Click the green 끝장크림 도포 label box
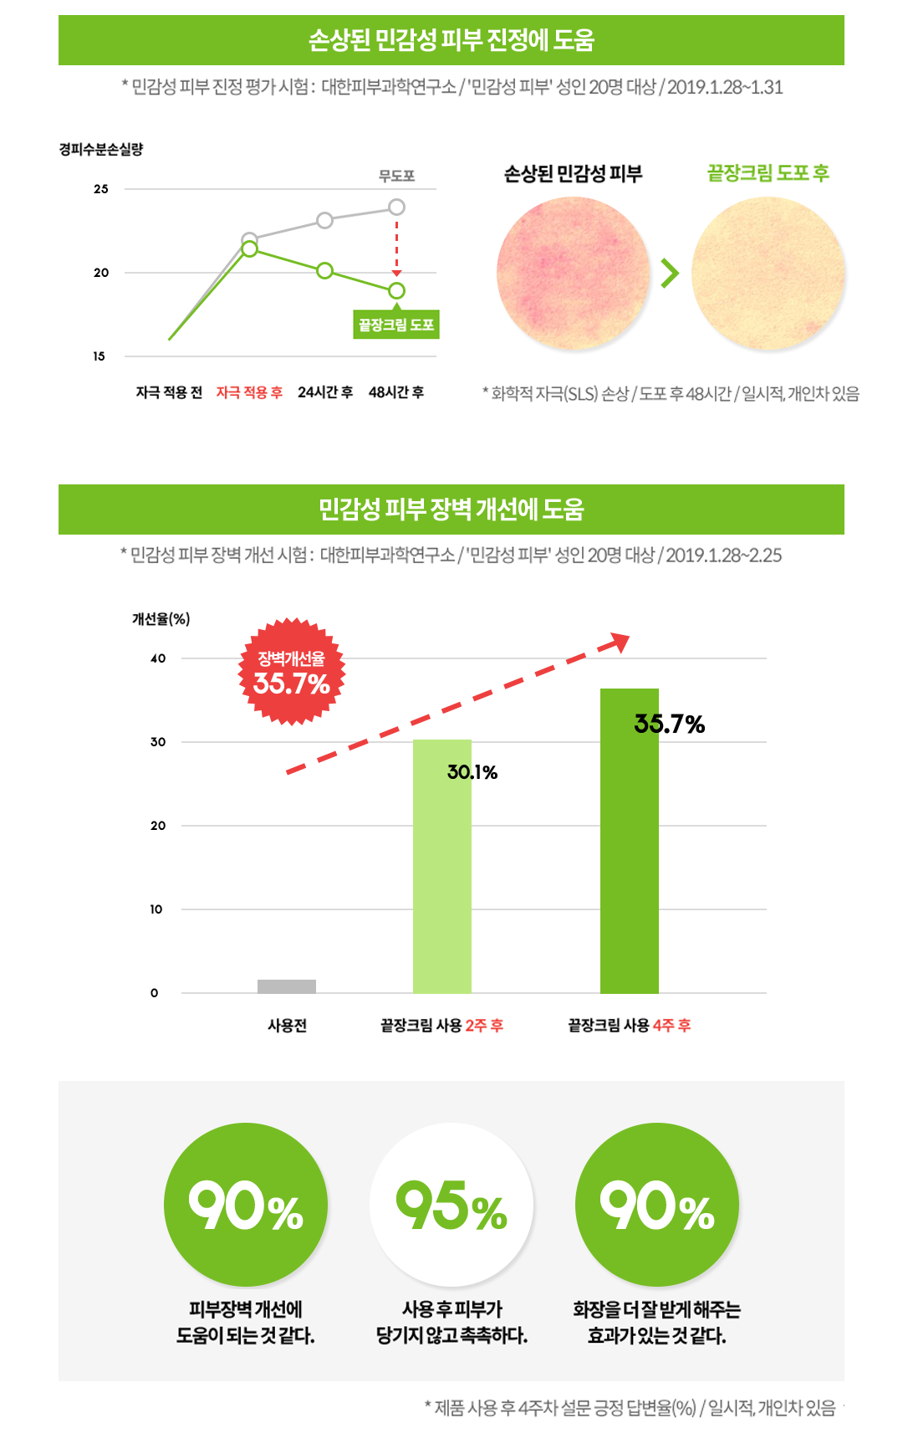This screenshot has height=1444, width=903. click(396, 325)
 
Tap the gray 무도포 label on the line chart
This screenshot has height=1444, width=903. click(396, 176)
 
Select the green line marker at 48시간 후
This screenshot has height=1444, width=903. click(396, 290)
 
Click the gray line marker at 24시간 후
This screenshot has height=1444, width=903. click(324, 220)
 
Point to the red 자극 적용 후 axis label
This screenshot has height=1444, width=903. click(249, 392)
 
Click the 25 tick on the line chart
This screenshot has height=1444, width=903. click(101, 189)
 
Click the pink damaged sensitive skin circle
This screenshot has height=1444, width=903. click(573, 274)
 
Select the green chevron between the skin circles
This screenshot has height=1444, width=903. click(670, 273)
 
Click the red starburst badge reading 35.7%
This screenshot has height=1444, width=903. click(292, 672)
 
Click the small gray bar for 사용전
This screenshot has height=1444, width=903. click(287, 986)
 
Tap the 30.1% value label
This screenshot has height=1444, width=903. click(472, 772)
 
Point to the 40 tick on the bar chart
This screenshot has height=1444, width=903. click(158, 658)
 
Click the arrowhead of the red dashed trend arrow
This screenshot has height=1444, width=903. click(620, 642)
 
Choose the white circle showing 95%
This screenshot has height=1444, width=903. click(451, 1205)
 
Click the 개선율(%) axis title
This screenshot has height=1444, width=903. click(161, 619)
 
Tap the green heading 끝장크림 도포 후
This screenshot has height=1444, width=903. click(768, 173)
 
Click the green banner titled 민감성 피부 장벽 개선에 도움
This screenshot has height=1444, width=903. click(451, 509)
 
